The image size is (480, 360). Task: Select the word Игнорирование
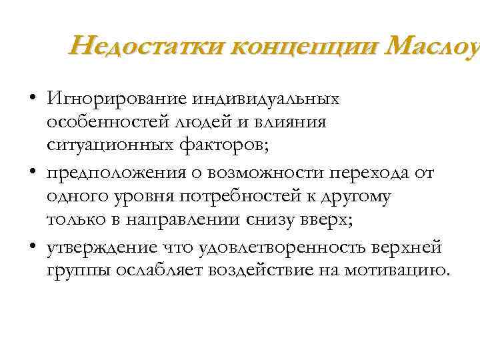[x=117, y=99]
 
